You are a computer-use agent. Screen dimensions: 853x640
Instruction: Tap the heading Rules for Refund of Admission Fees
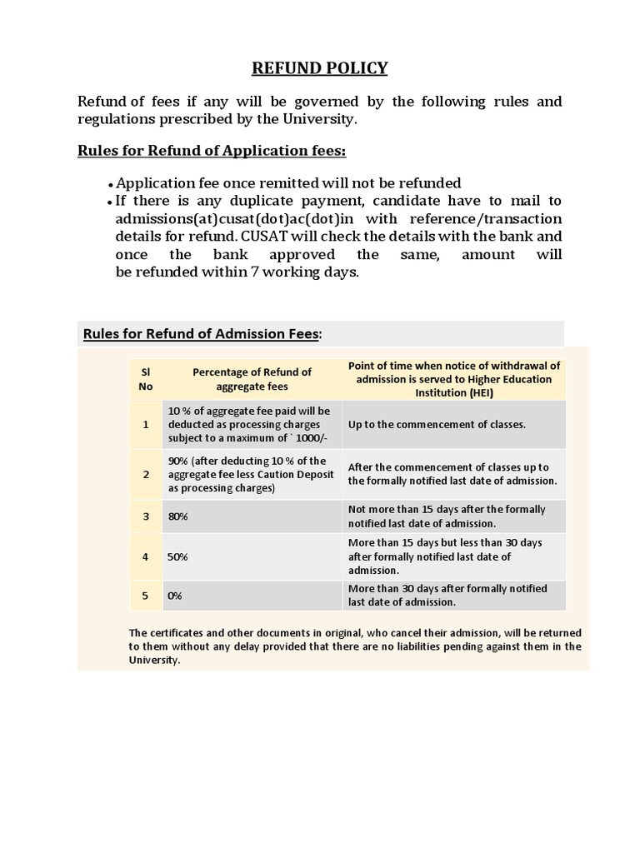pyautogui.click(x=201, y=334)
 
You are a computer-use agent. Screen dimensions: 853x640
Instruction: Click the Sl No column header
pyautogui.click(x=145, y=379)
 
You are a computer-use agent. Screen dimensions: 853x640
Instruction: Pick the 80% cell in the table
pyautogui.click(x=177, y=516)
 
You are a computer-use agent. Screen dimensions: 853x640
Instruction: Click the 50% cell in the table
pyautogui.click(x=177, y=556)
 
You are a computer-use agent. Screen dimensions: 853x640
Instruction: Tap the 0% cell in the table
pyautogui.click(x=175, y=596)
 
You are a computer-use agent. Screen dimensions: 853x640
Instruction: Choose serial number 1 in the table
pyautogui.click(x=145, y=424)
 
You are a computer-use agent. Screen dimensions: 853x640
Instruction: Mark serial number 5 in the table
pyautogui.click(x=145, y=596)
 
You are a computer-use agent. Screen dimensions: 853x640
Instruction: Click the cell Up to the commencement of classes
pyautogui.click(x=437, y=424)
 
